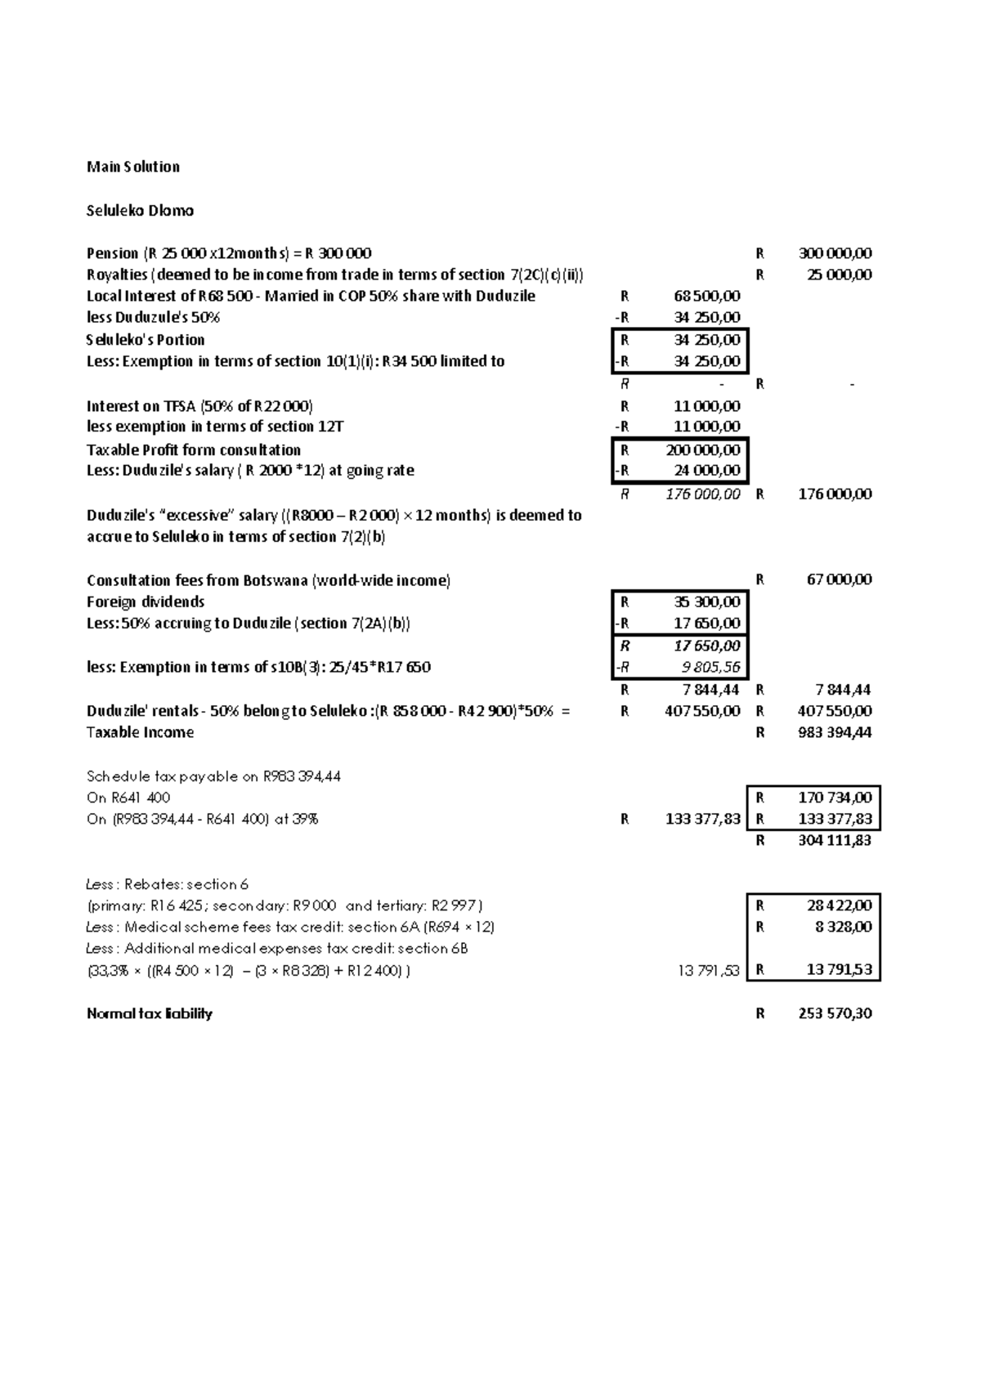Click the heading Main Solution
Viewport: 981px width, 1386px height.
133,167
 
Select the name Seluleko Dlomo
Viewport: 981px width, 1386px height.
140,210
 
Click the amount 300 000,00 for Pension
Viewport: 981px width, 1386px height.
835,253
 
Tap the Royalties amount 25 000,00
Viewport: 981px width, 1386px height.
840,275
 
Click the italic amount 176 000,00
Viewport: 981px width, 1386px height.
703,494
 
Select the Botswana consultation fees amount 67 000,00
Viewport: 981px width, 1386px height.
840,579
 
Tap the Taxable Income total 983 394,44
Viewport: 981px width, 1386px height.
835,732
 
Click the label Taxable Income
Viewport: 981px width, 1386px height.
140,732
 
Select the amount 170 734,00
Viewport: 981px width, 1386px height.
835,797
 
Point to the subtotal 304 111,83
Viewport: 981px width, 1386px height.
835,840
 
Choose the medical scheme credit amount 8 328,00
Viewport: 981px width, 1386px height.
844,927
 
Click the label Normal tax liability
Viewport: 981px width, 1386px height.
150,1013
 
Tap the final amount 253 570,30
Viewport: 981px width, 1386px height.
835,1013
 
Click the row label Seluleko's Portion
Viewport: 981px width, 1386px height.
146,340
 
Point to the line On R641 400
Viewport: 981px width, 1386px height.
128,797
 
